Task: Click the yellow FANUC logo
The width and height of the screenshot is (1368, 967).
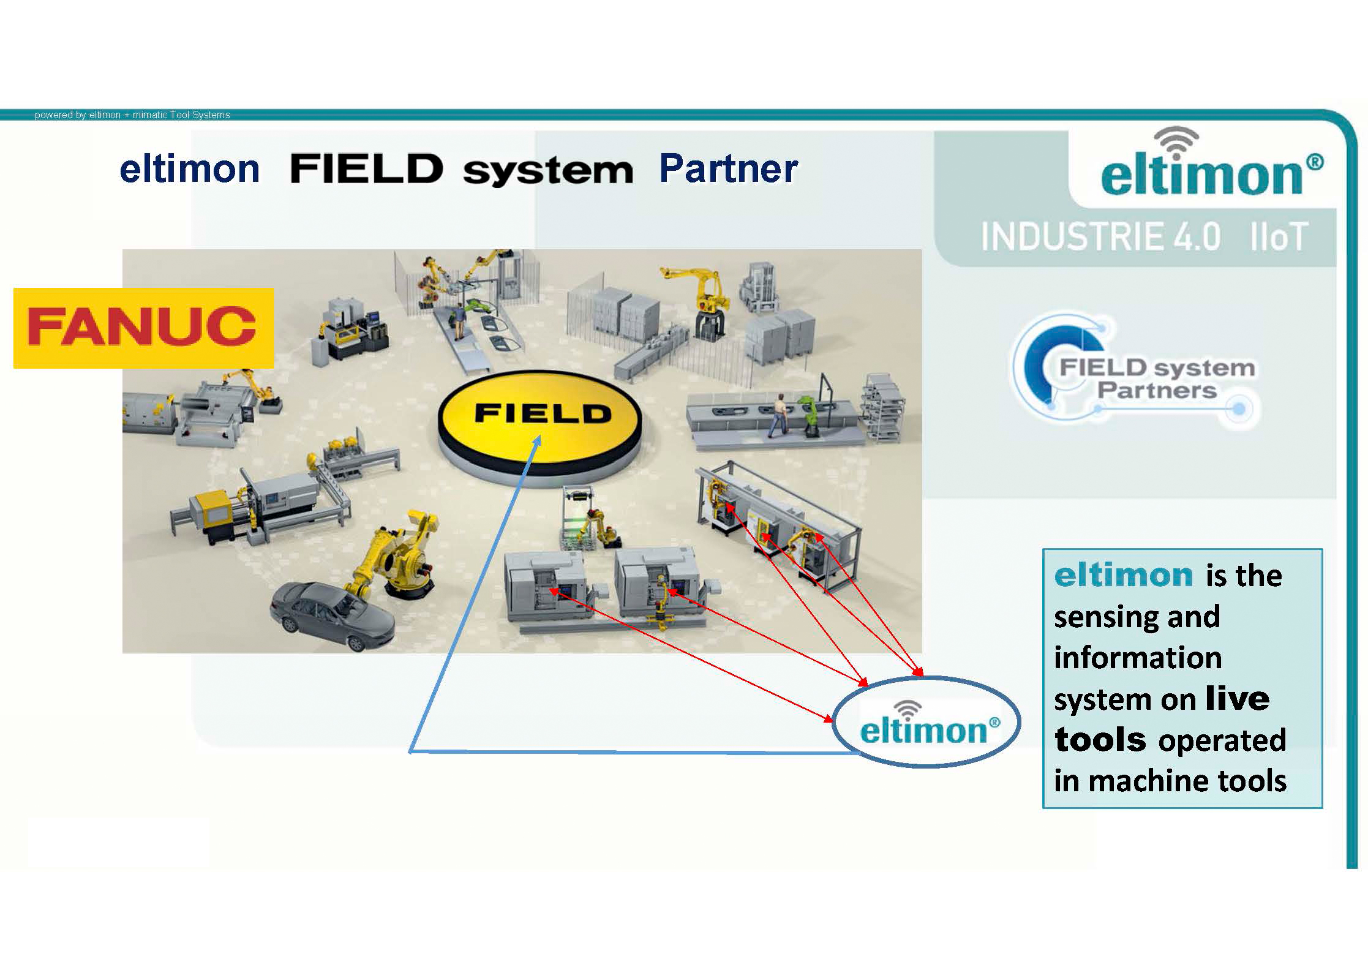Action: point(143,328)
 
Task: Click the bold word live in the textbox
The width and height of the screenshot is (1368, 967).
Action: point(1238,699)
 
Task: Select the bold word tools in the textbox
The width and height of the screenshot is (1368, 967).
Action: point(1100,740)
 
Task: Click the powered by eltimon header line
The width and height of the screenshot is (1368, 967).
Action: point(132,115)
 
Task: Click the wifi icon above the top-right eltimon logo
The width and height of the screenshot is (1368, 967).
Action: point(1176,141)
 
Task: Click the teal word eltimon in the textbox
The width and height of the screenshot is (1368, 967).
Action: point(1123,576)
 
